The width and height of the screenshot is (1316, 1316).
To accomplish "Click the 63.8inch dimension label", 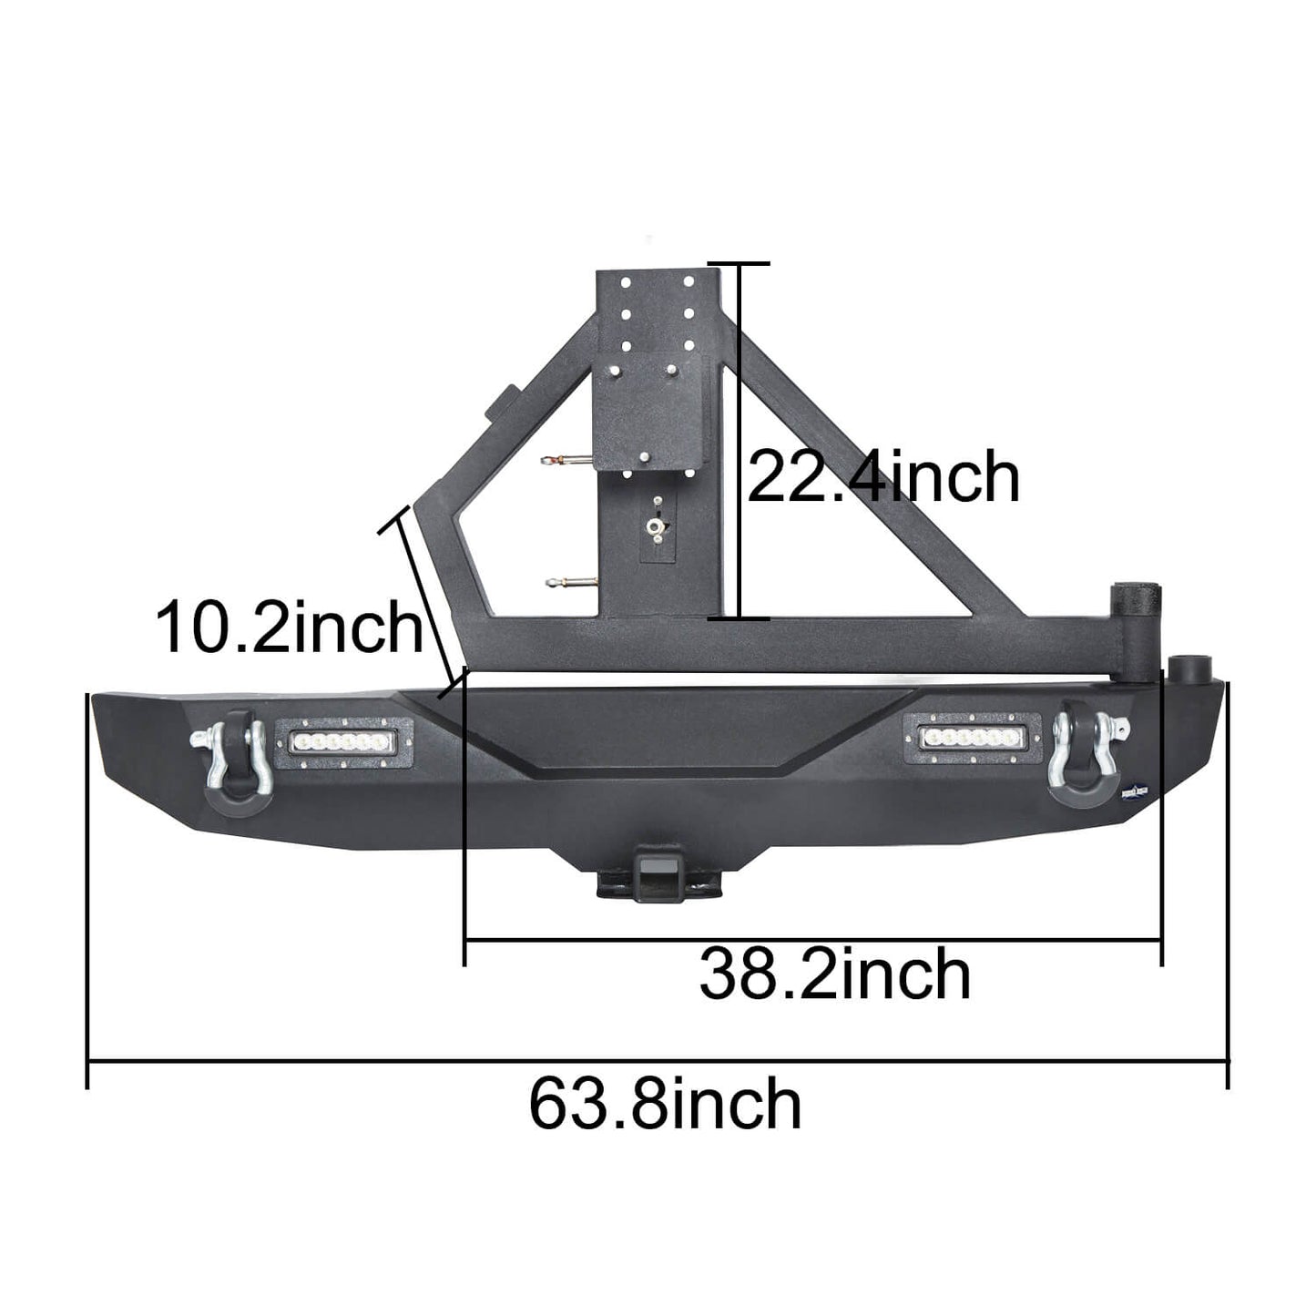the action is click(x=665, y=1104).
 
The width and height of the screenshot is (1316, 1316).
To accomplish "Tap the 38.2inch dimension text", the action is click(x=834, y=974).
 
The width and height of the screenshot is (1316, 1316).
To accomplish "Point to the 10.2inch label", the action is click(x=290, y=627).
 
